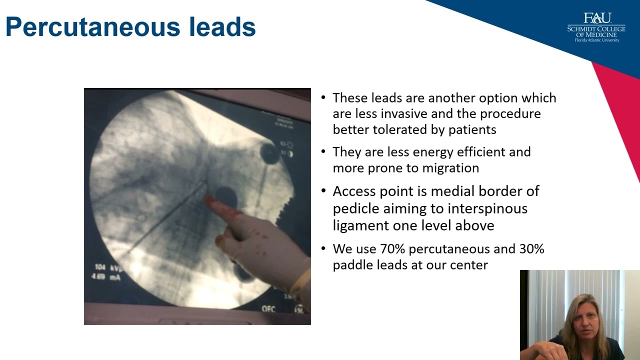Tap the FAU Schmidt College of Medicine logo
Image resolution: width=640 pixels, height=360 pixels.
(596, 27)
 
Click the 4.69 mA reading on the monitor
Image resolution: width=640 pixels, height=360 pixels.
(105, 276)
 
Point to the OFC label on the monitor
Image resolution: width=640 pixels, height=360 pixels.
(268, 309)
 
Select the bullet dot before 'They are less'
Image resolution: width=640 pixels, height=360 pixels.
(324, 151)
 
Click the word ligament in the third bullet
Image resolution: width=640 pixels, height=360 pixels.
(360, 225)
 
